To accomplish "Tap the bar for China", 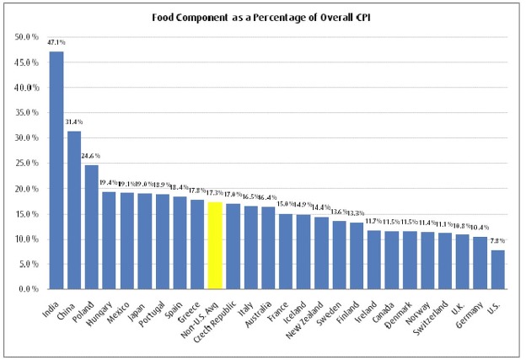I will click(x=74, y=210).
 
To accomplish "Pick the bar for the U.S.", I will click(x=498, y=270).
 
